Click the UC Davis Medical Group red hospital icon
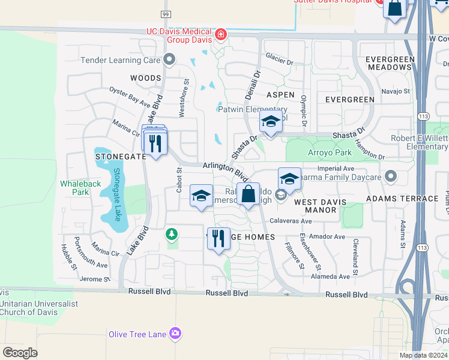(221, 35)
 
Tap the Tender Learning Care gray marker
(169, 59)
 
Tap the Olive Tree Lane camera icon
(175, 333)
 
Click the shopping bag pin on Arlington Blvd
(248, 194)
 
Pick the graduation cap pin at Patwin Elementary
(271, 122)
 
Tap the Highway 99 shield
(165, 13)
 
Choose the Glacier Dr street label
(279, 62)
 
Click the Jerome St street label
(95, 279)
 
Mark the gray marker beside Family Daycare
(391, 176)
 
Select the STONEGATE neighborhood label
(121, 156)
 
